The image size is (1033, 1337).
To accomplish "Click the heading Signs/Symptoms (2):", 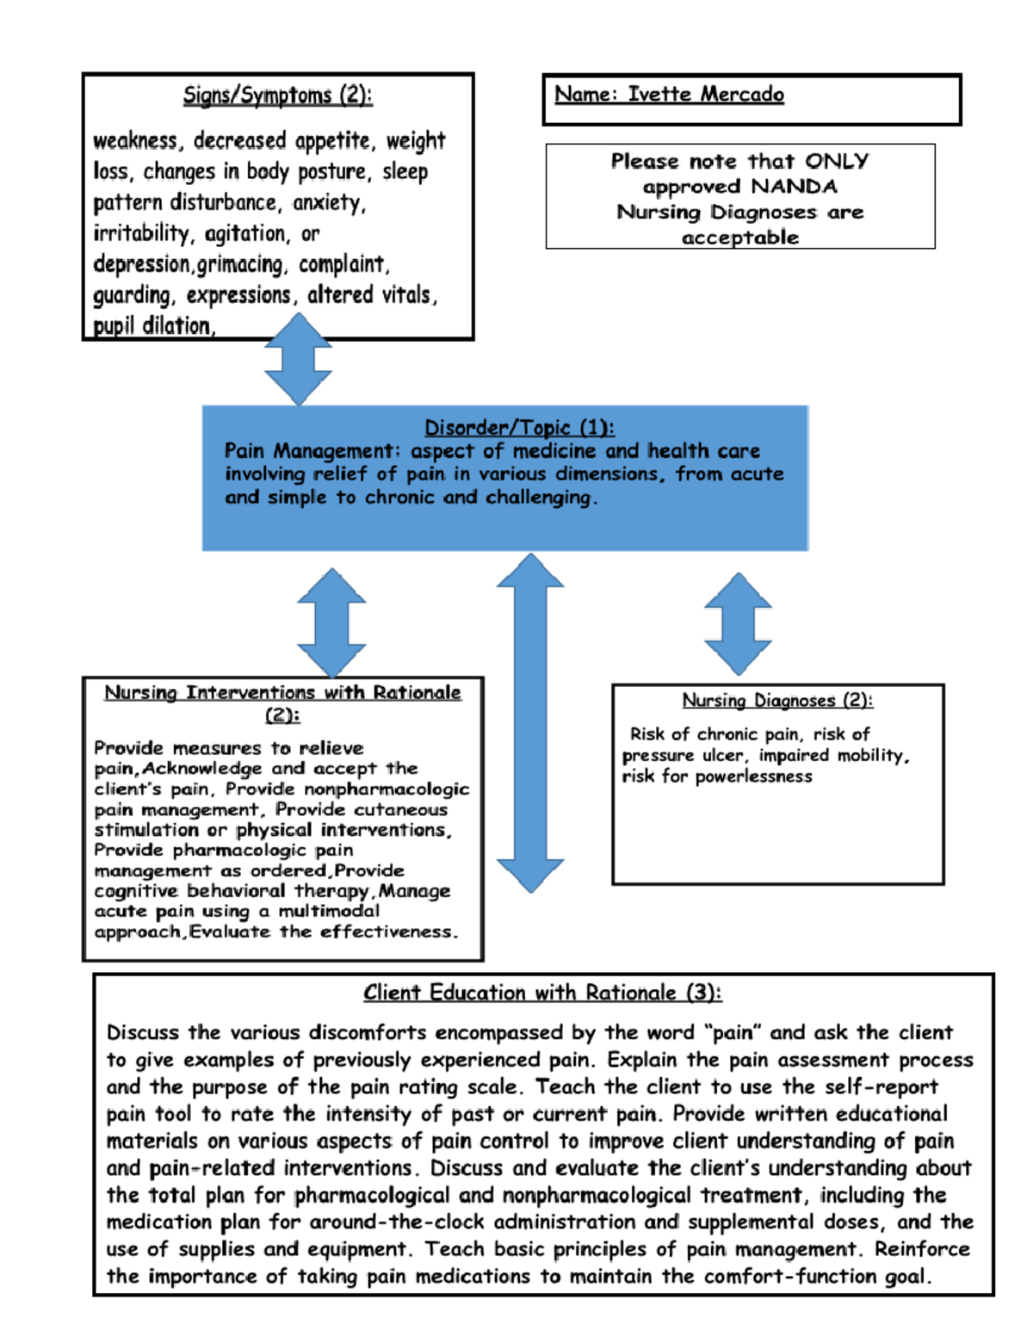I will pyautogui.click(x=277, y=95).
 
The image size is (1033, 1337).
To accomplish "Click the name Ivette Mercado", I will pyautogui.click(x=706, y=94).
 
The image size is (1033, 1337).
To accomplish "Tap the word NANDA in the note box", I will pyautogui.click(x=794, y=187).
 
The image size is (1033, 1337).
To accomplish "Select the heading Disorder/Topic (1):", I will pyautogui.click(x=519, y=427).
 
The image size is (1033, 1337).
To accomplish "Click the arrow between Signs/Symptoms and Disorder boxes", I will pyautogui.click(x=298, y=359).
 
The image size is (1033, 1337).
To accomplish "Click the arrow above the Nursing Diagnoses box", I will pyautogui.click(x=738, y=623).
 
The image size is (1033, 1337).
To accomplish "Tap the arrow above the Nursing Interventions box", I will pyautogui.click(x=331, y=622).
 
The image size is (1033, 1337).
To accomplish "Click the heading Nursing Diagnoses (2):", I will pyautogui.click(x=777, y=700).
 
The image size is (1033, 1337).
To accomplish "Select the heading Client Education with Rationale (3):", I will pyautogui.click(x=542, y=993).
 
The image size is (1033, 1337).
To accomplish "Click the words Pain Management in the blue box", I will pyautogui.click(x=309, y=450).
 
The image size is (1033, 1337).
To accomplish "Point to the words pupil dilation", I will pyautogui.click(x=153, y=325).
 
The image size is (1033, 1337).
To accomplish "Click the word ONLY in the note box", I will pyautogui.click(x=837, y=161).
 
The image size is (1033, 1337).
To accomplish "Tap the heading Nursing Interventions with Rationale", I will pyautogui.click(x=282, y=692).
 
